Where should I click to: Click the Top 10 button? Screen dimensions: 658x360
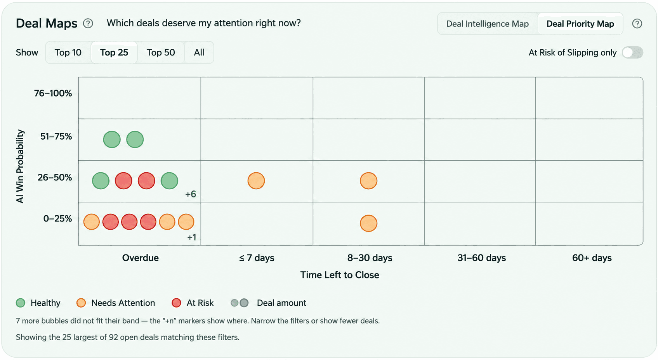point(68,52)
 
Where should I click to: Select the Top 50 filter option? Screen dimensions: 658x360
point(161,52)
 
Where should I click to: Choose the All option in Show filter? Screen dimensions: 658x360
point(199,52)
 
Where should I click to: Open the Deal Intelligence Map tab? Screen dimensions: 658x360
point(487,24)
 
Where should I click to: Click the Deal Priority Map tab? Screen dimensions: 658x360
point(580,24)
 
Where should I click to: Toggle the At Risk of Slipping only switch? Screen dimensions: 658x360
point(633,52)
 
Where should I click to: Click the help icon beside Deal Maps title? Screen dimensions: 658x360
point(88,24)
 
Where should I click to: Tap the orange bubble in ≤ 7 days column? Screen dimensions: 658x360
point(256,181)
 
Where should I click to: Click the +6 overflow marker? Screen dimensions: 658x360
point(191,194)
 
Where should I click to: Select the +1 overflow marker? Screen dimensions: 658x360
point(191,237)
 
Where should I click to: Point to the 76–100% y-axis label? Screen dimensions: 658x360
point(53,93)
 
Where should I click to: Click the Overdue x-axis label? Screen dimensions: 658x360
point(141,258)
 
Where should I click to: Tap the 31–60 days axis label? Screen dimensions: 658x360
point(482,258)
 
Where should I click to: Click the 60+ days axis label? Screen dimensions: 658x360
point(592,258)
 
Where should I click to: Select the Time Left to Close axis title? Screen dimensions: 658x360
point(340,275)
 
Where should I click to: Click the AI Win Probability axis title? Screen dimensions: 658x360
point(20,166)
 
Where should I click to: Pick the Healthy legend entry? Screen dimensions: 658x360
point(38,303)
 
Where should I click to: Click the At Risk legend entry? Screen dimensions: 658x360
point(193,303)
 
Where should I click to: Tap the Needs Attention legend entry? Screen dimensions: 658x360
point(115,303)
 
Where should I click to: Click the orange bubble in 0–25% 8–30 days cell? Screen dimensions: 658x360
point(369,223)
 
